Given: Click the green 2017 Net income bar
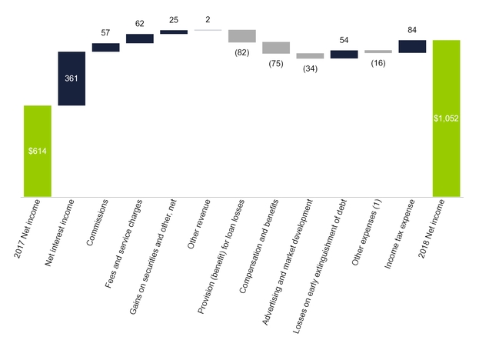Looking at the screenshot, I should tap(38, 151).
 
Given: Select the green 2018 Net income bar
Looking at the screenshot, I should tap(446, 118).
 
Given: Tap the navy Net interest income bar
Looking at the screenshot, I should tap(72, 78).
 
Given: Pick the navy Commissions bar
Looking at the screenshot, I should tap(105, 47).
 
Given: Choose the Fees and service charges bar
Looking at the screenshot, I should tap(139, 38).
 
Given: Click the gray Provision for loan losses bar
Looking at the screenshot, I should tap(241, 36).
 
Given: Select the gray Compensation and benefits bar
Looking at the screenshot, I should tap(275, 48).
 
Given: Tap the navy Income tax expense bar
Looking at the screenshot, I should tap(412, 46).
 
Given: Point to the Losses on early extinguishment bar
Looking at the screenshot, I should tap(344, 55).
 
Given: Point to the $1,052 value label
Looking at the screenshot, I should tap(446, 118).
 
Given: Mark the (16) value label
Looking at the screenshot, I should tap(378, 62).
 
